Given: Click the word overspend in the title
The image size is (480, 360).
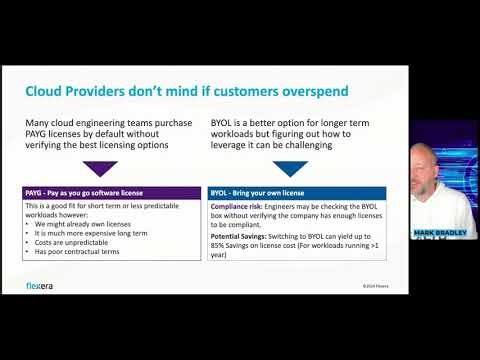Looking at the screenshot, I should [307, 92].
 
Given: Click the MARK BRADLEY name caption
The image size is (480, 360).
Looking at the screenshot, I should [441, 232].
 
